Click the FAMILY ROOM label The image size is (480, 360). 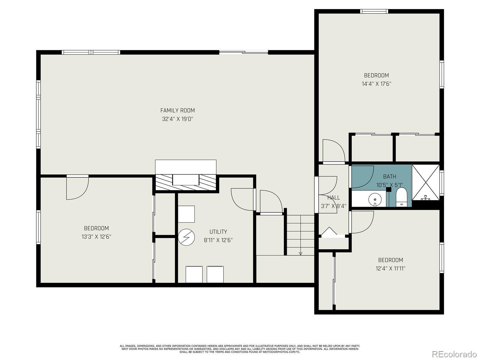(177, 110)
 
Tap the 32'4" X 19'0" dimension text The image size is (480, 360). (178, 119)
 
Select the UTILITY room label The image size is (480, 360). (218, 232)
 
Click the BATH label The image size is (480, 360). (389, 176)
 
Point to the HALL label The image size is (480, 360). (334, 198)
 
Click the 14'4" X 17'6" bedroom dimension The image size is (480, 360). (376, 84)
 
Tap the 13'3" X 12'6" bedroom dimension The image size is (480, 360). (96, 237)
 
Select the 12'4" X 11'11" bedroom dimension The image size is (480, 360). (391, 268)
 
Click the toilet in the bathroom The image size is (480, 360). (401, 197)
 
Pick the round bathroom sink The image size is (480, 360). (375, 199)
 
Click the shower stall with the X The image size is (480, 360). (425, 182)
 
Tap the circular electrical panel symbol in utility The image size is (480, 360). (186, 237)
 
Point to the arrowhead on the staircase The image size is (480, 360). (301, 253)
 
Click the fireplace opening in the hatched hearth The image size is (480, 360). (186, 180)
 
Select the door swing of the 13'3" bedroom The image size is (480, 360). (77, 187)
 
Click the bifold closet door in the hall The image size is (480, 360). (329, 232)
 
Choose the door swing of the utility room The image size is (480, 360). (243, 199)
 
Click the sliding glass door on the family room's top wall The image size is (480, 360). (244, 52)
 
